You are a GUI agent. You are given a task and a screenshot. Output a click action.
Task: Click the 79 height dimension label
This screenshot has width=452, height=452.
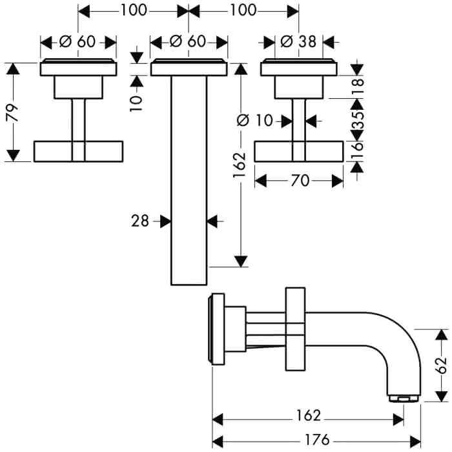(12, 113)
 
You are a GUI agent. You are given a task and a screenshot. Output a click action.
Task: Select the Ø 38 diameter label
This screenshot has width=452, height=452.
(298, 42)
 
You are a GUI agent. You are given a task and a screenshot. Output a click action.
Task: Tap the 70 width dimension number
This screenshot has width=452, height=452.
(300, 181)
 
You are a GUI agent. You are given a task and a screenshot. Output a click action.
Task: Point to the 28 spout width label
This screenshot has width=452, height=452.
(140, 221)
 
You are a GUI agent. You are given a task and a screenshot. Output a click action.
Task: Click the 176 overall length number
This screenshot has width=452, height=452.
(317, 440)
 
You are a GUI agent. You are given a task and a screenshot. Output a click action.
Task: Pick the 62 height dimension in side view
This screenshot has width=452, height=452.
(441, 366)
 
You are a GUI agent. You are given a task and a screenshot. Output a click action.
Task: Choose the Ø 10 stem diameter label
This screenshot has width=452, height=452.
(254, 120)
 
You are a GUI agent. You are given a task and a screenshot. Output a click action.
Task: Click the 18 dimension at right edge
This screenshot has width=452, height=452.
(358, 87)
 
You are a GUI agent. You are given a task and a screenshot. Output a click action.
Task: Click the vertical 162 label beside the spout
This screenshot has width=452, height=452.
(240, 165)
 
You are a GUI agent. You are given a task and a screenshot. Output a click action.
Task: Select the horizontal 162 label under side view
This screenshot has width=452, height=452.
(308, 415)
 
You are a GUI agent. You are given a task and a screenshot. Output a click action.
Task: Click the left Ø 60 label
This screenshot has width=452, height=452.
(77, 42)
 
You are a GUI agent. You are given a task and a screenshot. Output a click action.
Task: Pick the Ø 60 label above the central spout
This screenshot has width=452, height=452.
(188, 41)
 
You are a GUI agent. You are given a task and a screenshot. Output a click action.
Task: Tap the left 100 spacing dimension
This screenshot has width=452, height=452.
(134, 11)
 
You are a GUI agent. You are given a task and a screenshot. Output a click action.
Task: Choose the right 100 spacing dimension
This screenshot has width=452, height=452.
(243, 11)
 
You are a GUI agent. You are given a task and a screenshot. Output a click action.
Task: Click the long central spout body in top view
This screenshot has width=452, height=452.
(189, 180)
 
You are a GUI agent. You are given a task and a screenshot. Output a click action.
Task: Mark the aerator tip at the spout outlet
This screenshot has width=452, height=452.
(404, 398)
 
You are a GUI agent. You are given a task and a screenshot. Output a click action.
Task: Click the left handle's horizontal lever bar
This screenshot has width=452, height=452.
(78, 151)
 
